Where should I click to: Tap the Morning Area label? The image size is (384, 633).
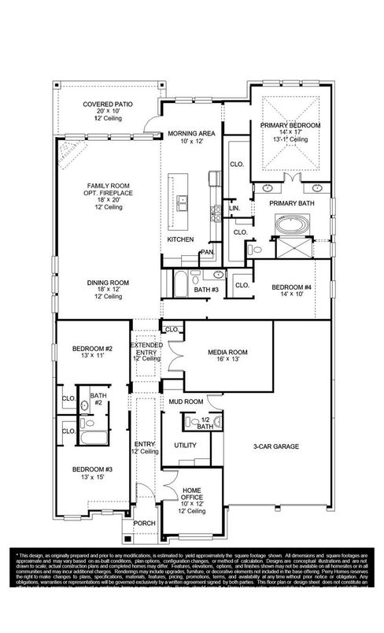pyautogui.click(x=186, y=134)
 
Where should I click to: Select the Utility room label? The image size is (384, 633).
pyautogui.click(x=185, y=445)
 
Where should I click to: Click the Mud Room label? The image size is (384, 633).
pyautogui.click(x=186, y=401)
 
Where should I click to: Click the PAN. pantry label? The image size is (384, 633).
pyautogui.click(x=207, y=252)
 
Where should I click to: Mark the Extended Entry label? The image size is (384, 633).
pyautogui.click(x=146, y=351)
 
